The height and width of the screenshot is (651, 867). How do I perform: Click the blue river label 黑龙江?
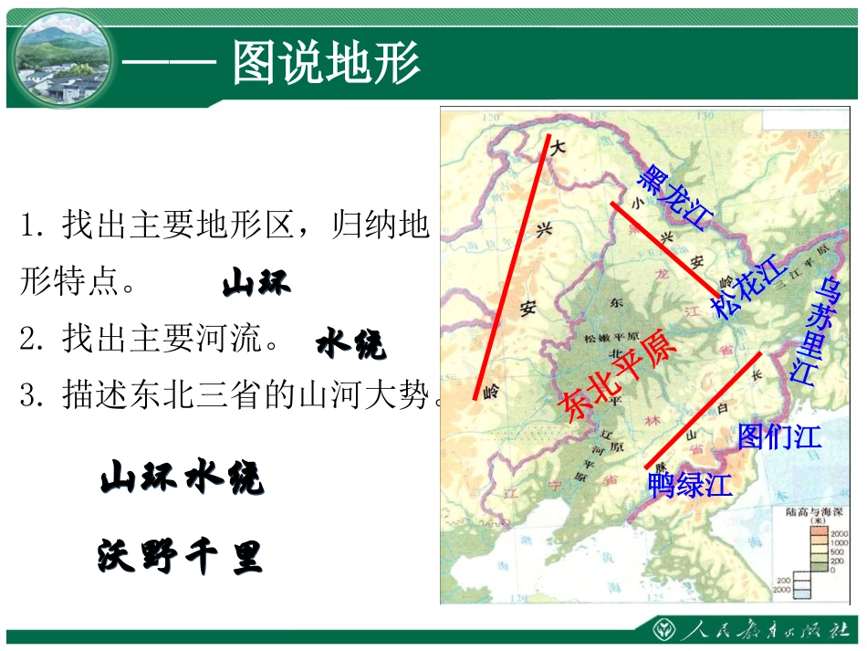pos(674,197)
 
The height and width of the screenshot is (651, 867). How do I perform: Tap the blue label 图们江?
pos(779,436)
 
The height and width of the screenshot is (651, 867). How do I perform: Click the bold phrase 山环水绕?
pos(182,478)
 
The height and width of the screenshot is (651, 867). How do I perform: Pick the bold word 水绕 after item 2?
pos(351,344)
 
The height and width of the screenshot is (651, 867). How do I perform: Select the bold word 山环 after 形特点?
pos(256,284)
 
